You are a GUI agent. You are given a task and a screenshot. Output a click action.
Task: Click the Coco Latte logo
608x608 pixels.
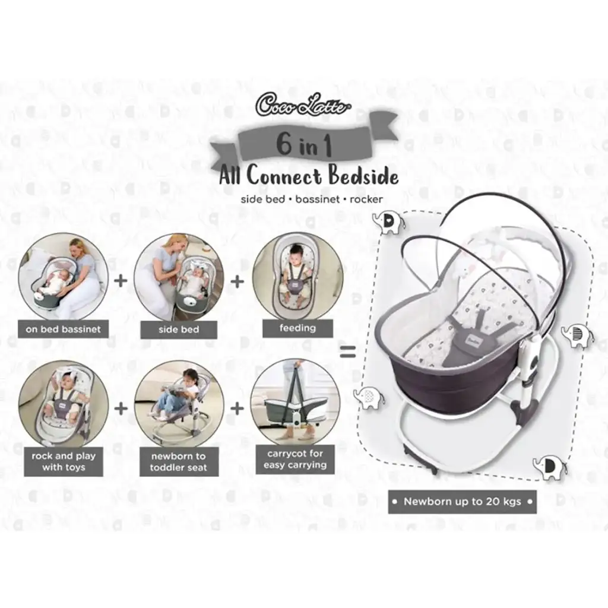[303, 104]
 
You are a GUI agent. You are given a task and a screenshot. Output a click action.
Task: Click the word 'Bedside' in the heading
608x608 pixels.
[363, 176]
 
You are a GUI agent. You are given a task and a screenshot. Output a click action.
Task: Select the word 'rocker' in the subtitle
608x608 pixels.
[366, 199]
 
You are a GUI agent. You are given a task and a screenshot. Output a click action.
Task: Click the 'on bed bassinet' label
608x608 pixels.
[63, 329]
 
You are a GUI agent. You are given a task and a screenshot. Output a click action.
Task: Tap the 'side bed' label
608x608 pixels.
[179, 330]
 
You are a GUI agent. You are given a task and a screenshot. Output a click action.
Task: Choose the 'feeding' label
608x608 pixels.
[298, 328]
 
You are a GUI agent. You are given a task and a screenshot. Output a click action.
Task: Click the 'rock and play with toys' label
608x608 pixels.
[64, 461]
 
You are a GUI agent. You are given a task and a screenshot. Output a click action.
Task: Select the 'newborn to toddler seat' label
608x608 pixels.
[179, 462]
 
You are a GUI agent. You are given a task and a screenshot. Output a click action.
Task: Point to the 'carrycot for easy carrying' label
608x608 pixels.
[295, 459]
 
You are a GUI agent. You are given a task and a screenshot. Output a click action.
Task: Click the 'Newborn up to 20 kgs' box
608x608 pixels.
[462, 501]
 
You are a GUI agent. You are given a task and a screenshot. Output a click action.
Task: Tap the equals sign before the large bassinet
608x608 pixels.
[347, 351]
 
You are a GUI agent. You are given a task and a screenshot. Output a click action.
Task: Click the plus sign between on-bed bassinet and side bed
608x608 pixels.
[121, 280]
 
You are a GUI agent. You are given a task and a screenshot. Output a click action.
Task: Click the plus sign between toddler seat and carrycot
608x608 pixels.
[237, 408]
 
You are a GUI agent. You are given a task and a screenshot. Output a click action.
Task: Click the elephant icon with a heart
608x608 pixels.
[388, 223]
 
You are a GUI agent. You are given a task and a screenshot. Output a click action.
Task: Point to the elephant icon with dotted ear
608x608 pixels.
[369, 397]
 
